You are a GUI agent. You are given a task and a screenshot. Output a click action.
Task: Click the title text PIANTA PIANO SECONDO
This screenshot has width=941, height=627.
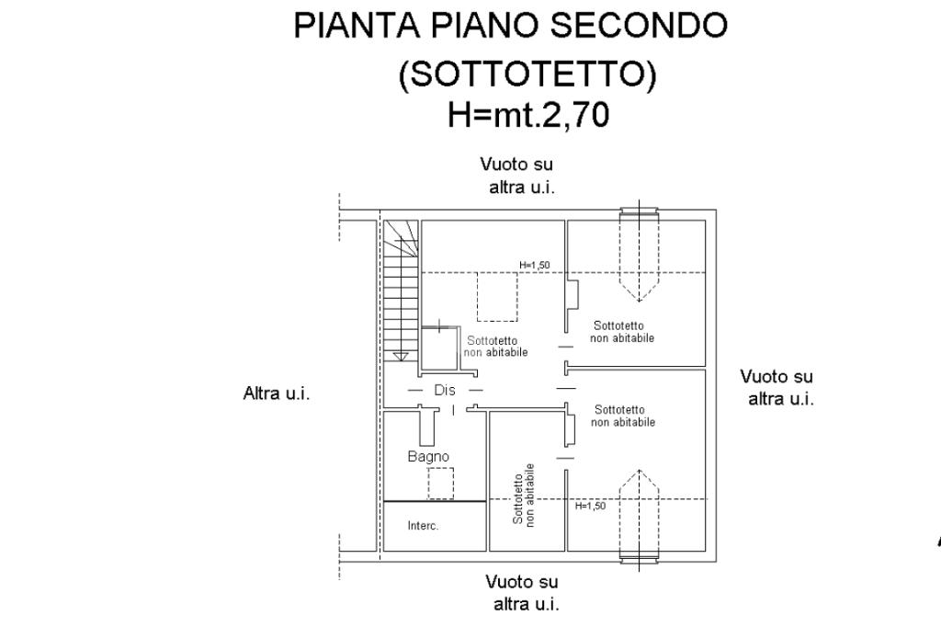510,25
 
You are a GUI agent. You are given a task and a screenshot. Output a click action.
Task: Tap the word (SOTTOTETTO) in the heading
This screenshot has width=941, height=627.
527,74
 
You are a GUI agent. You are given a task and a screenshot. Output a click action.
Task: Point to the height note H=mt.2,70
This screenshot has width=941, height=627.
528,114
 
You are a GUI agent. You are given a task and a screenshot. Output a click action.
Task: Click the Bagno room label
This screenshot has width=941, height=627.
428,456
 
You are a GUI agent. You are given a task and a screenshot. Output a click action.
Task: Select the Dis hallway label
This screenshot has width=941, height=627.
445,390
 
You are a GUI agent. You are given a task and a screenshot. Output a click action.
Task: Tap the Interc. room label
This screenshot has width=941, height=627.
423,526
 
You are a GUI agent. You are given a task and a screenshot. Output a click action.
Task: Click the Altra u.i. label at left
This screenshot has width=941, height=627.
277,393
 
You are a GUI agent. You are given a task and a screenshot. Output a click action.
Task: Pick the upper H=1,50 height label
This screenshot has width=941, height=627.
534,265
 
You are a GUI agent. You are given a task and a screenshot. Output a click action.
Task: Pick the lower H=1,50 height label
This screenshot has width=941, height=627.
591,506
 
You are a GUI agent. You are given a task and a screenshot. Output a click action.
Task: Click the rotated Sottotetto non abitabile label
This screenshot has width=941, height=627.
524,496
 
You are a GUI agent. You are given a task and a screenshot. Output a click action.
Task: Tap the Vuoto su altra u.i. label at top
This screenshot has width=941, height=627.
519,176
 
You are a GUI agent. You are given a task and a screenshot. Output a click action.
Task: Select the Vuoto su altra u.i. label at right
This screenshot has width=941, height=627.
777,387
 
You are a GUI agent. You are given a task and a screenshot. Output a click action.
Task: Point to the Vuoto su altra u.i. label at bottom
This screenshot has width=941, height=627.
523,593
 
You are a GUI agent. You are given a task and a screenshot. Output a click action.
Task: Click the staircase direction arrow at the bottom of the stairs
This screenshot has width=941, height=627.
401,357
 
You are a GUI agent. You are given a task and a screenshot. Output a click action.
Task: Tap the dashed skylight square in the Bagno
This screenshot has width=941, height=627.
440,483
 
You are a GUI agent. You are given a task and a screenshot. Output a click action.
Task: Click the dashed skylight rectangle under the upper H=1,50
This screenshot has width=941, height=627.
497,297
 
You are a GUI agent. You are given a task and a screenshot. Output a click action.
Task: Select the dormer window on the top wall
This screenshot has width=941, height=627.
640,255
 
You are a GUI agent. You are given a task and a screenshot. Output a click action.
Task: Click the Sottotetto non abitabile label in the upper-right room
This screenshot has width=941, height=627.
622,332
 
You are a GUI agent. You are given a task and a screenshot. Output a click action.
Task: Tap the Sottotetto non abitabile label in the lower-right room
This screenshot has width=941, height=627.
623,416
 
